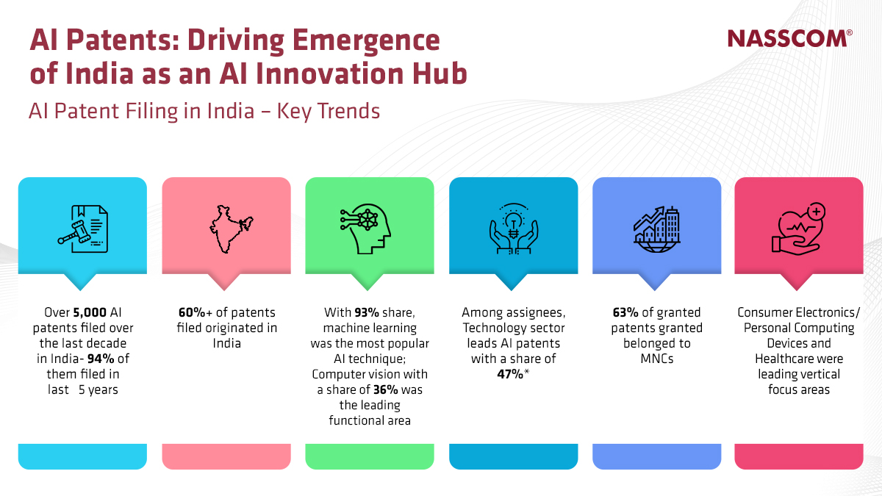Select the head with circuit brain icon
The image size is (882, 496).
point(370,229)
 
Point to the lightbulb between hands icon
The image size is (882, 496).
point(513,229)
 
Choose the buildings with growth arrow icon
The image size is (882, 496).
point(656,229)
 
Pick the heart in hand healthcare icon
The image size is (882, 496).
point(799,229)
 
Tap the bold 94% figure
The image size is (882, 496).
point(109,359)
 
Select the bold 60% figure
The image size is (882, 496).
point(193,312)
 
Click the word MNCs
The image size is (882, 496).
point(656,359)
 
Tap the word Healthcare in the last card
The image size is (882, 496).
point(799,359)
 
